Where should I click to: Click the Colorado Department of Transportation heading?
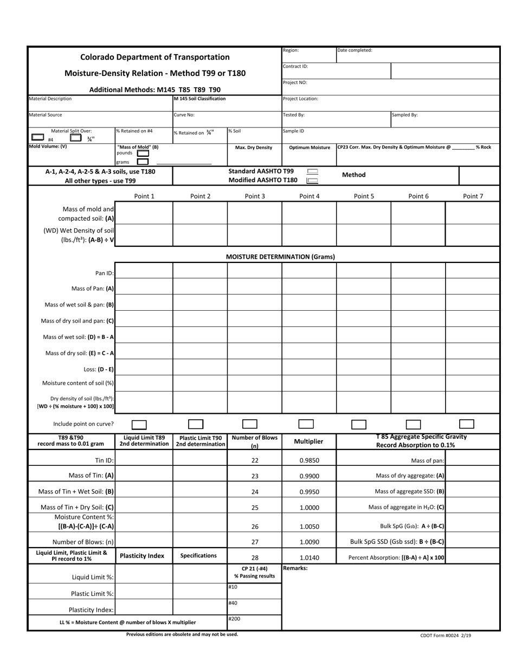154,57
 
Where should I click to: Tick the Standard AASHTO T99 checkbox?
312,171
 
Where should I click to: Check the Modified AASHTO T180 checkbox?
312,181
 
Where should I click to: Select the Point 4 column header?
309,196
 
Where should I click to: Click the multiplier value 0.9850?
309,460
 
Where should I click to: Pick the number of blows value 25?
255,508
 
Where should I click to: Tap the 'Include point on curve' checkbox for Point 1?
139,425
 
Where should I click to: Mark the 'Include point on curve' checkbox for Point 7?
467,424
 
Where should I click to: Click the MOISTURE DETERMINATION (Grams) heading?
280,257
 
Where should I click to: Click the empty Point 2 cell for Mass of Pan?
200,289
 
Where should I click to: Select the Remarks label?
295,568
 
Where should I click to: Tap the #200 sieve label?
234,619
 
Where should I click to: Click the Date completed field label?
355,50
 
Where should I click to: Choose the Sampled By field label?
405,115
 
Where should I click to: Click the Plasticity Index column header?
142,556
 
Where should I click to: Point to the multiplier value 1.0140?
309,557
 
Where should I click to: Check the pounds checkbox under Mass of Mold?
143,153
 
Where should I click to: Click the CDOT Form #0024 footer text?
445,636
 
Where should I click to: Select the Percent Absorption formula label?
396,557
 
